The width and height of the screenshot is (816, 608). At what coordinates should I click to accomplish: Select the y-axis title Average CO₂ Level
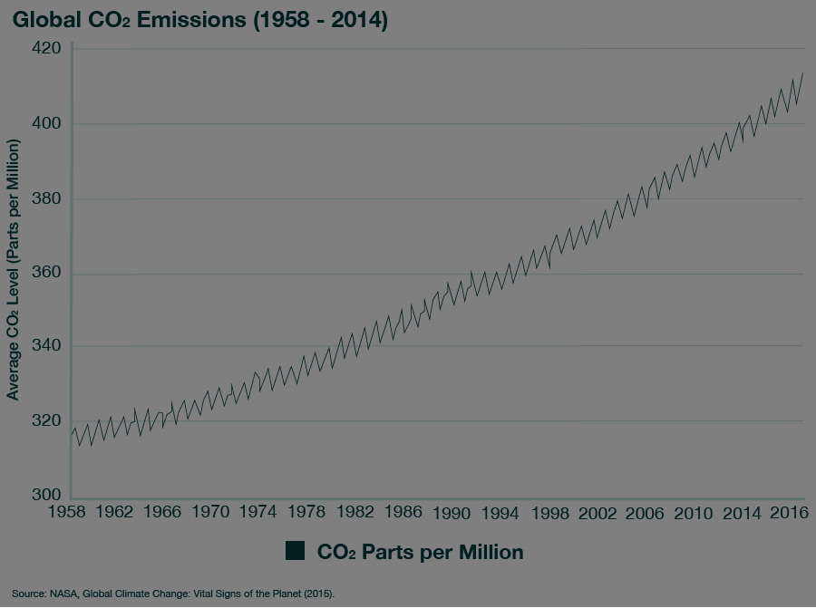14,270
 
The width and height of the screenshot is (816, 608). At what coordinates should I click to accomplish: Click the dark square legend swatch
295,551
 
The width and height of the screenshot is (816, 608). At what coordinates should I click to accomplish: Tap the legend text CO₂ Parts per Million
420,551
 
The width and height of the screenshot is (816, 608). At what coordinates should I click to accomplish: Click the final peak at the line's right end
802,73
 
